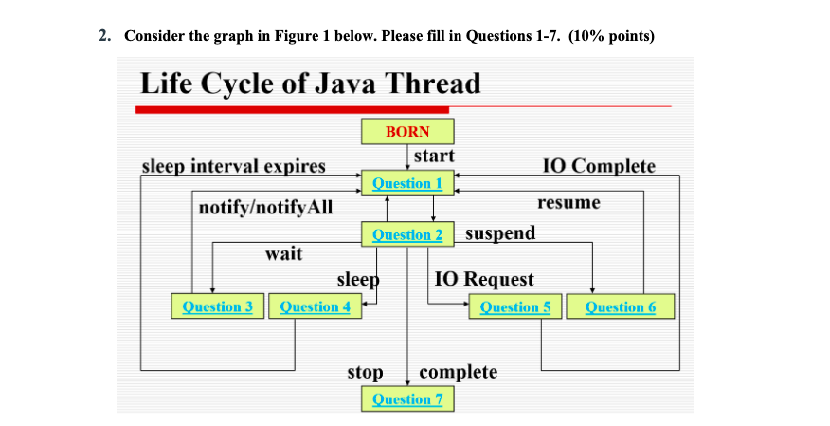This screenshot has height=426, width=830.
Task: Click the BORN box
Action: (x=407, y=132)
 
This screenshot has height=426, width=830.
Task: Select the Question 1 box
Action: (x=407, y=183)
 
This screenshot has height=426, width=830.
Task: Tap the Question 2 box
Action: (x=407, y=234)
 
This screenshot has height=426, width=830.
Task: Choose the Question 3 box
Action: (x=217, y=306)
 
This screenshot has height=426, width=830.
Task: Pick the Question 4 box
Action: (x=316, y=306)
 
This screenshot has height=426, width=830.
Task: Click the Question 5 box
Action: (x=515, y=306)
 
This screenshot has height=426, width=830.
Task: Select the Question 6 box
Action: (x=621, y=306)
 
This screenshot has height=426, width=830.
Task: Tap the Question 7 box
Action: (x=407, y=398)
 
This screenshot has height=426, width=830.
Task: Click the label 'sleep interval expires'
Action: (x=233, y=167)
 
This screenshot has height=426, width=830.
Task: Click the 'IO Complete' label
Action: (x=598, y=167)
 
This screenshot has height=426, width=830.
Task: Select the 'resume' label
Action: (x=568, y=203)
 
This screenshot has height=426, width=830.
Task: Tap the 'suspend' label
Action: (x=500, y=233)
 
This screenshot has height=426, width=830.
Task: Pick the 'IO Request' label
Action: (x=484, y=280)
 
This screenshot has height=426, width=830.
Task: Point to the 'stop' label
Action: (x=365, y=372)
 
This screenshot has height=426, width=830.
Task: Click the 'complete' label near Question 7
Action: (x=458, y=372)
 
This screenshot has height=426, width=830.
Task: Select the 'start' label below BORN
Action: (x=434, y=156)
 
